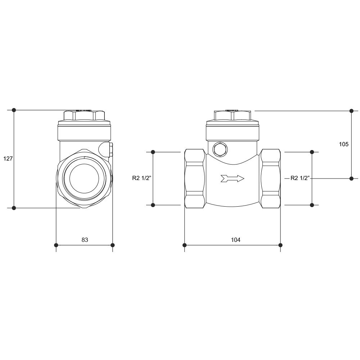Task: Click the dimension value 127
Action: coord(8,158)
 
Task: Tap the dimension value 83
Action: coord(85,240)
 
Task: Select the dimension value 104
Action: coord(235,240)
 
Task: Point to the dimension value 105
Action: coord(344,144)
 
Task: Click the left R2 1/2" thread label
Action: coord(141,178)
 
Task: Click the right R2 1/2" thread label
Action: coord(300,178)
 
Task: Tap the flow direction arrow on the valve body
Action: coord(232,179)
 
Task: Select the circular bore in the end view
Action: coord(84,179)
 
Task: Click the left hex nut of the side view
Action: coord(195,179)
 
